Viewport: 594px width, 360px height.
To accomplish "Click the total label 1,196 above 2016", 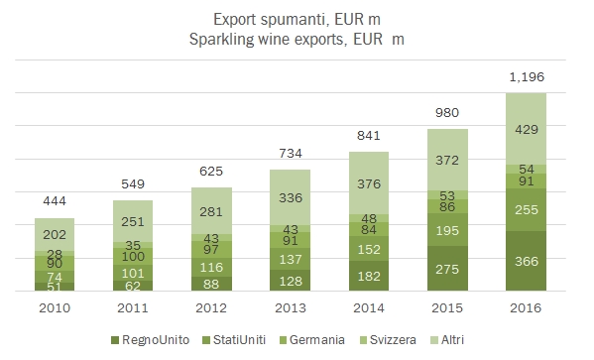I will pos(526,77).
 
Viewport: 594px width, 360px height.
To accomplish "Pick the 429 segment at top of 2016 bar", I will pos(527,129).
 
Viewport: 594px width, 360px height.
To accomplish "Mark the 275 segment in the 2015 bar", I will pos(448,269).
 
